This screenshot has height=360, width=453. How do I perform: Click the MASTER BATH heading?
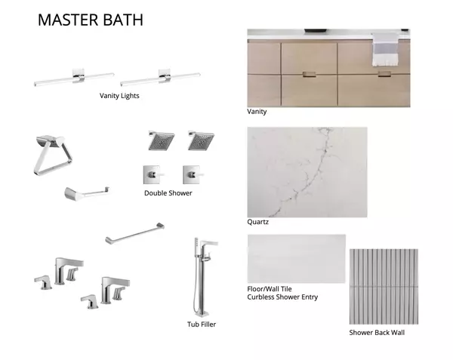91,20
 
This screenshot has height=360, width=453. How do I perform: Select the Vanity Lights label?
119,96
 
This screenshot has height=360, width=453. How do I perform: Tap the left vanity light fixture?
74,78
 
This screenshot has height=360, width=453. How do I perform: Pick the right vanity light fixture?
160,78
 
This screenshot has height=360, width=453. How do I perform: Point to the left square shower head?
162,140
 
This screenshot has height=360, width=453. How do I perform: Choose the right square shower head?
201,140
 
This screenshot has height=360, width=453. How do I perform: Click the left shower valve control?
153,174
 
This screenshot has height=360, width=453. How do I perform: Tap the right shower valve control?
193,174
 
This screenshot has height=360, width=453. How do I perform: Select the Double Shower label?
168,193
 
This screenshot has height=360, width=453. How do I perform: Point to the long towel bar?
134,233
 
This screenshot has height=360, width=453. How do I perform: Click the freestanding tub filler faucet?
202,277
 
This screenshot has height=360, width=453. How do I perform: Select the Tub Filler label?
202,325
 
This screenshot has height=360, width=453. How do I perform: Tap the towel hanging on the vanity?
384,49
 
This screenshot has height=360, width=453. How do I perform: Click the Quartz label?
257,222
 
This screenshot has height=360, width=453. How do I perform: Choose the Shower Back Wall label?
377,333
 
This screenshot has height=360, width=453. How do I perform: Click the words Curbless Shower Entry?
282,297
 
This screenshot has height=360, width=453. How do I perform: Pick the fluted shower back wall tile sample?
384,286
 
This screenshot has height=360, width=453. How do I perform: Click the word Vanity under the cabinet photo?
257,112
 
